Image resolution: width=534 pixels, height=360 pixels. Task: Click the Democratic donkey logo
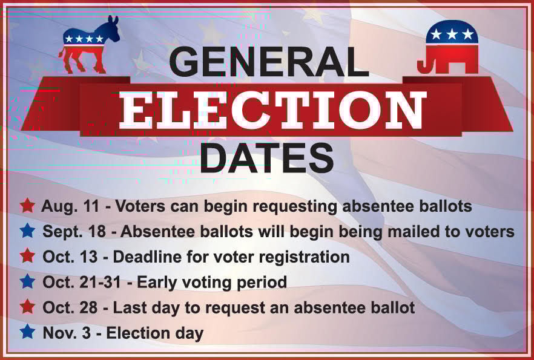tap(89, 45)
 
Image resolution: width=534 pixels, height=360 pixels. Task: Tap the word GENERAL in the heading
tap(269, 62)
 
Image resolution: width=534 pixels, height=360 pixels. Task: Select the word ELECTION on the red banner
tap(271, 110)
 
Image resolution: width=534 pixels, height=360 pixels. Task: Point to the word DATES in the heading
tap(267, 158)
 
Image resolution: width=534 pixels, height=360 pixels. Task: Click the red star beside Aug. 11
tap(27, 205)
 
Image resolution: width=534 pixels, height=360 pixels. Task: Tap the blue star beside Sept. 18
tap(27, 231)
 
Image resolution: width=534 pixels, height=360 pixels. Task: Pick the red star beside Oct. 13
tap(27, 255)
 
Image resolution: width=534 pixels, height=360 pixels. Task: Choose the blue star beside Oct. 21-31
tap(27, 281)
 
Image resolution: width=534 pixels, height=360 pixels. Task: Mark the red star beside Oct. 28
tap(27, 307)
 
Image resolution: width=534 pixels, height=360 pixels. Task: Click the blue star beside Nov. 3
tap(27, 332)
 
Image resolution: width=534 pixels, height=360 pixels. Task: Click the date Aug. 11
tap(70, 206)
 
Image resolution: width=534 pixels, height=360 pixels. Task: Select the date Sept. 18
tap(74, 232)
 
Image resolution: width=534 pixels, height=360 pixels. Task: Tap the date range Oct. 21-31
tap(82, 282)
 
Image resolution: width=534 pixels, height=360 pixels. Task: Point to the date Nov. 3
tap(67, 333)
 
